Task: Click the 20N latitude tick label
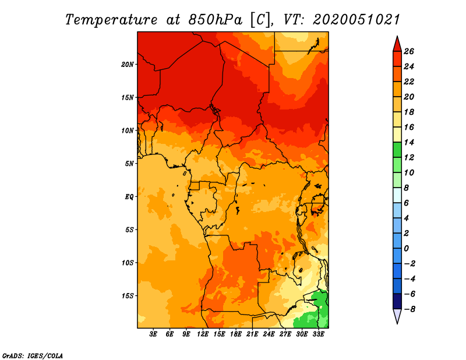point(128,64)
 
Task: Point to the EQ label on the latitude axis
point(129,196)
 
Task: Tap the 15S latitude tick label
point(128,296)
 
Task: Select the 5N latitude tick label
point(129,164)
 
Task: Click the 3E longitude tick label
point(153,334)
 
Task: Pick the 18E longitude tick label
point(236,334)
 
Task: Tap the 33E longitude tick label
point(318,334)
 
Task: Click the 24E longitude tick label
point(269,334)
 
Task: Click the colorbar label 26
point(409,51)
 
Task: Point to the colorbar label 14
point(409,142)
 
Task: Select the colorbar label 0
point(406,248)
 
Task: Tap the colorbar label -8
point(409,309)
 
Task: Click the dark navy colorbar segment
point(397,301)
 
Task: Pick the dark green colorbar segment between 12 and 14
point(397,150)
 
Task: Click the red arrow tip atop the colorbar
point(397,37)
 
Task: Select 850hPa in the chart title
point(216,20)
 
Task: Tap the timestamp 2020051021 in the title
point(356,20)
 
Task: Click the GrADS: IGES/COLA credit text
point(33,355)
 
